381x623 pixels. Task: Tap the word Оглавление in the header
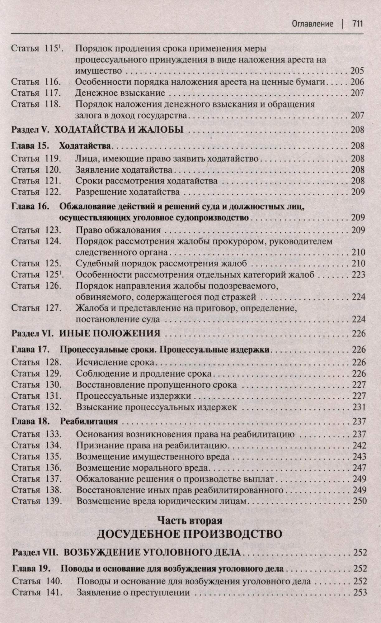click(312, 24)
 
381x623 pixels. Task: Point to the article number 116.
click(52, 82)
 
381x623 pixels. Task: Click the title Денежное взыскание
click(120, 93)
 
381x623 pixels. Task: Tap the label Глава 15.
click(30, 145)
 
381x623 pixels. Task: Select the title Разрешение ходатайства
click(128, 192)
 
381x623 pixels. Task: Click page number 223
click(358, 275)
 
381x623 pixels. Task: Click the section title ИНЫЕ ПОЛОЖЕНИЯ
click(109, 334)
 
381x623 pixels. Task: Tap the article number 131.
click(52, 396)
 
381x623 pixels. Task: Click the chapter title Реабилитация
click(89, 421)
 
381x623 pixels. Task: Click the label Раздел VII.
click(35, 553)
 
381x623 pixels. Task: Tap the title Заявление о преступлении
click(133, 592)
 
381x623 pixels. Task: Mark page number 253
click(360, 592)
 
